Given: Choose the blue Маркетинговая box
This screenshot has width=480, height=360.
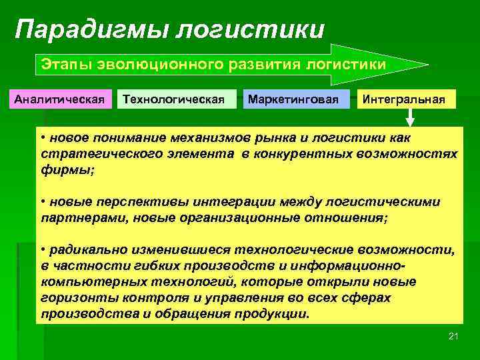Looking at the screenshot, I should [x=297, y=100].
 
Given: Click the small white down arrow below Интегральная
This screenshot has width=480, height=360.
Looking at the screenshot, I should [x=410, y=119].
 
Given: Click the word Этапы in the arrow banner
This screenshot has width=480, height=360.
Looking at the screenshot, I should [x=62, y=65].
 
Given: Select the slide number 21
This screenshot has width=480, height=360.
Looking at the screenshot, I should [x=453, y=335].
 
